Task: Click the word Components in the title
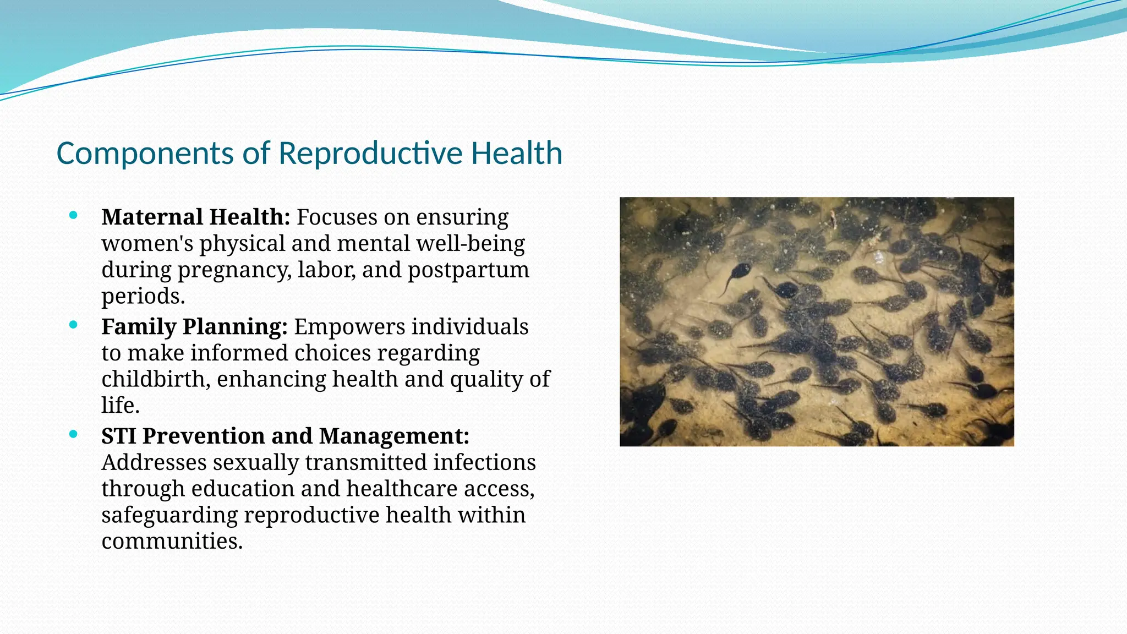click(x=145, y=154)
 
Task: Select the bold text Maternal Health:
click(x=195, y=217)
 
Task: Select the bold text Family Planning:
click(x=194, y=327)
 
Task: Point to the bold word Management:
click(x=394, y=436)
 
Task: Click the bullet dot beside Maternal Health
click(x=73, y=215)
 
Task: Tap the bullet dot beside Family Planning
click(x=73, y=325)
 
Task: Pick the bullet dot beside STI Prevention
click(x=73, y=434)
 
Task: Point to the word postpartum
click(x=468, y=270)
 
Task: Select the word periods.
click(x=143, y=297)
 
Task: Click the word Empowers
click(x=349, y=327)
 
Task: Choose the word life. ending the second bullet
click(x=121, y=406)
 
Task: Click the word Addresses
click(x=154, y=463)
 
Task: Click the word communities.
click(x=172, y=542)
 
